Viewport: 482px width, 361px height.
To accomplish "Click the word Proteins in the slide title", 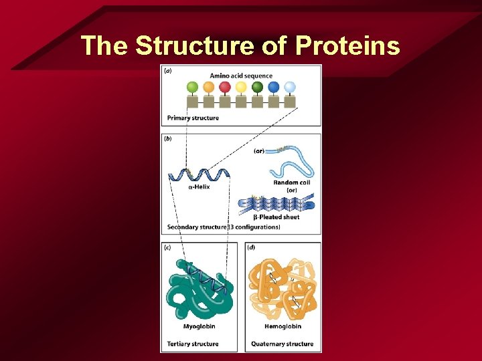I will coord(347,45).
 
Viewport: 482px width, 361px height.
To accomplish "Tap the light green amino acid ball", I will coord(192,87).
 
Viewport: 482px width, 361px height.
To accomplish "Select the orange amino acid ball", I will coord(209,87).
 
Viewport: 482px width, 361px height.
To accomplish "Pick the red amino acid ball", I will coord(225,87).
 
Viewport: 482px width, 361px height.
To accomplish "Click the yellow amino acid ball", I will coord(241,87).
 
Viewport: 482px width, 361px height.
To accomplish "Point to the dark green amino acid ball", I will coord(257,87).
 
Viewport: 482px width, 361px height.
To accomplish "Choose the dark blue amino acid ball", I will coord(273,87).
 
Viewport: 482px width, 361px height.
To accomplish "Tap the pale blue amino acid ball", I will coord(289,87).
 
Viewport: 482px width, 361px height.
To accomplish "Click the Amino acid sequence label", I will coord(241,76).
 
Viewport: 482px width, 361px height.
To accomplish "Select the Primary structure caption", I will coord(193,118).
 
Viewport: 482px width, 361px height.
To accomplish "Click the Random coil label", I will coord(291,183).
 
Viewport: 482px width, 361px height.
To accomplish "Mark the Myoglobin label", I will coord(199,327).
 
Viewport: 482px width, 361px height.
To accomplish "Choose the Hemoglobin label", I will coord(283,327).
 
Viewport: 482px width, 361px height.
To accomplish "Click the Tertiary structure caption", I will coord(193,344).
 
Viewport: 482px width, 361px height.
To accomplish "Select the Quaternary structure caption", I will coord(282,344).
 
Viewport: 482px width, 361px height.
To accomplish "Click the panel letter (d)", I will coord(251,247).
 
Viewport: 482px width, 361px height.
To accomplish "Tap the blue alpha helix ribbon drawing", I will coord(199,175).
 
